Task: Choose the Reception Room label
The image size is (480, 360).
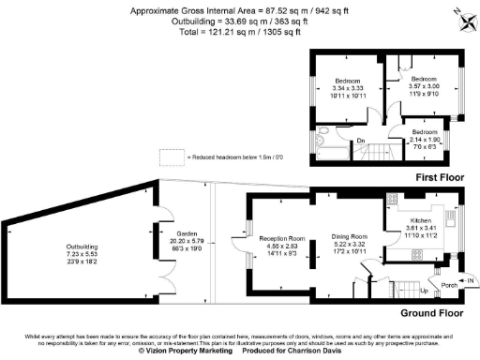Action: [x=282, y=239]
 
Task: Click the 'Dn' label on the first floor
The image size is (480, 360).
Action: [x=360, y=142]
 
